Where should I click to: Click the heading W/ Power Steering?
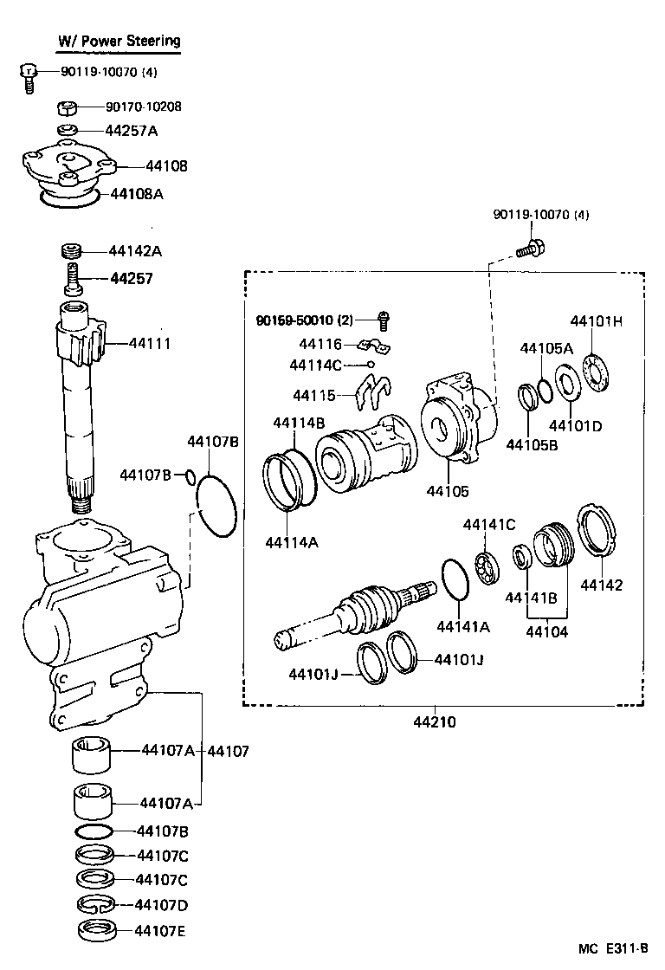point(119,41)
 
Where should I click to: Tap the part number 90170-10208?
point(144,107)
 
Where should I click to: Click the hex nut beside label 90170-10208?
point(68,107)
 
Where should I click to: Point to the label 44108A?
point(137,193)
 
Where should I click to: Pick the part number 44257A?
point(132,131)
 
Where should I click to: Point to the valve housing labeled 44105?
point(459,420)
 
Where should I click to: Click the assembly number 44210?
point(436,721)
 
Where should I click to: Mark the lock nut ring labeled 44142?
point(597,530)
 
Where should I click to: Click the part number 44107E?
point(161,932)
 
